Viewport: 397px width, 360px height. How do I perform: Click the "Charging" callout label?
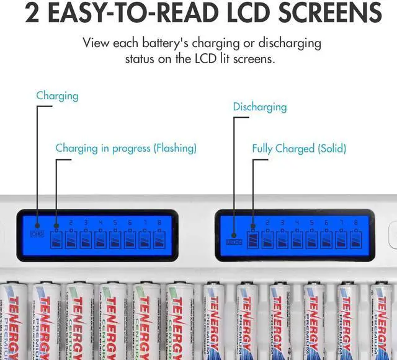click(x=57, y=96)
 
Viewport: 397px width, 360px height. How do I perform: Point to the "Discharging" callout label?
click(x=260, y=107)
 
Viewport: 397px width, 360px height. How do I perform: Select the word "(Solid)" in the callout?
click(x=329, y=149)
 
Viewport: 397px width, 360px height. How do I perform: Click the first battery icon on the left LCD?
click(x=56, y=238)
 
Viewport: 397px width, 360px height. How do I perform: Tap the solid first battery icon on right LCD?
click(x=253, y=238)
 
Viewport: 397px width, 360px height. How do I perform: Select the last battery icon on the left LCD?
click(x=159, y=238)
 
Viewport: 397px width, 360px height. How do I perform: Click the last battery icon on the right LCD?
click(x=355, y=238)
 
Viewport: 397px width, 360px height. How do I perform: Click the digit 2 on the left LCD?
click(x=71, y=222)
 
